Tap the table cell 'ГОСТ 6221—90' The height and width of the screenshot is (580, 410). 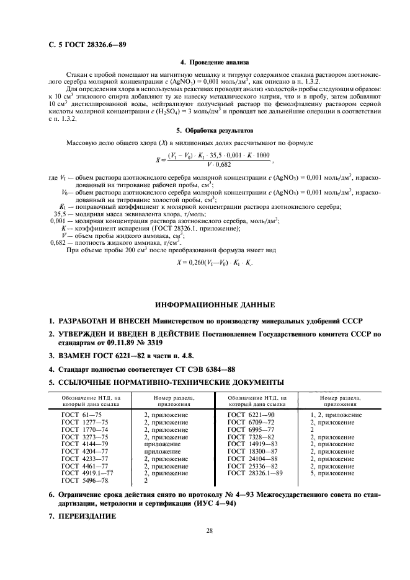(247, 415)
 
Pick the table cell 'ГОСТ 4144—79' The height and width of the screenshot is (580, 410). (79, 444)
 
